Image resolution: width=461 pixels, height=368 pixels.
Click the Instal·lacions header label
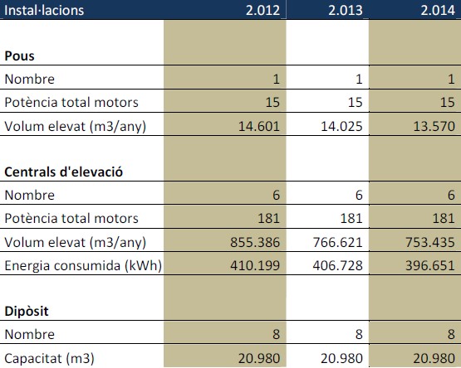[44, 10]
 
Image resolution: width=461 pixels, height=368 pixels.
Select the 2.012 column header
[262, 11]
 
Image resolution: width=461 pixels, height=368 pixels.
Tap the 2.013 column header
[346, 11]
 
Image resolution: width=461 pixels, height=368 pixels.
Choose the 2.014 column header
[438, 11]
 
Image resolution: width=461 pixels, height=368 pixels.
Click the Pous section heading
[19, 56]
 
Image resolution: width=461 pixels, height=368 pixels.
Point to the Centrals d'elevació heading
[63, 172]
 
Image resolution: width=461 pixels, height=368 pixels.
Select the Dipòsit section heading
[27, 311]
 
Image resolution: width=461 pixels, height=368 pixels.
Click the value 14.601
[258, 126]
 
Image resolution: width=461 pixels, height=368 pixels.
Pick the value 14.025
[341, 126]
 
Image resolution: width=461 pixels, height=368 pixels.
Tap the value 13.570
[434, 126]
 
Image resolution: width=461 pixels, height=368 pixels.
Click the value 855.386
[255, 242]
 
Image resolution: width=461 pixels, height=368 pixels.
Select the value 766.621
[337, 242]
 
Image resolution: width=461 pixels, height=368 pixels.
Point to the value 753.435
[429, 242]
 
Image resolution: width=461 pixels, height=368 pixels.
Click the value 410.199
[255, 265]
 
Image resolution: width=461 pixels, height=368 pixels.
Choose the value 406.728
[337, 265]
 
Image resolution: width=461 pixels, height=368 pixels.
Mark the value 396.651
[429, 265]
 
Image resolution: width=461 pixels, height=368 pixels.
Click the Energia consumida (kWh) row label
[83, 266]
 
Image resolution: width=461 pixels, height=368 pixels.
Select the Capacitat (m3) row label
[49, 359]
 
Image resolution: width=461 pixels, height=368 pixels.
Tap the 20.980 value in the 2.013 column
[341, 358]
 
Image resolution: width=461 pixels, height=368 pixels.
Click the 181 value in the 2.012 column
[268, 219]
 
